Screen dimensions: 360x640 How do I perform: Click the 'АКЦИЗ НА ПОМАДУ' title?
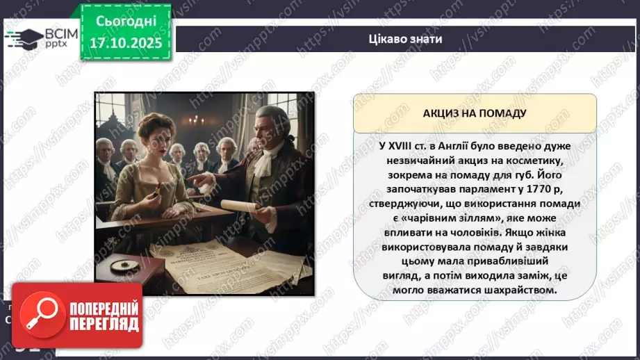tap(475, 113)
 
